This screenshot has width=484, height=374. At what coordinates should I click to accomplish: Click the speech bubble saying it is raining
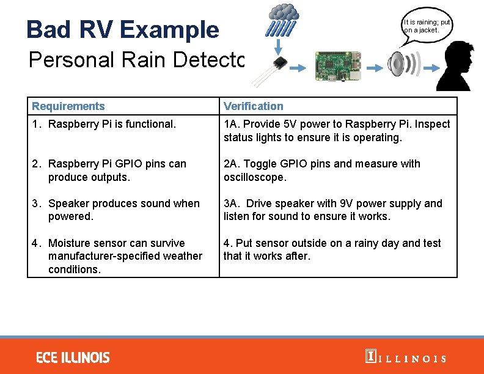[x=426, y=26]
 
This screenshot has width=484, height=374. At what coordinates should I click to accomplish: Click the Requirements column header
[x=68, y=106]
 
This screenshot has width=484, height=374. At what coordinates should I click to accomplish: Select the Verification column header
[x=254, y=106]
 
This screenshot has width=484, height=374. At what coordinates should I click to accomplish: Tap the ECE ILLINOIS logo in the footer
[x=73, y=357]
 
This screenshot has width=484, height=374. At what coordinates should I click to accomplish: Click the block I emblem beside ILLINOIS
[x=370, y=356]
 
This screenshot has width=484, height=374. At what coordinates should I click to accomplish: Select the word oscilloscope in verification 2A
[x=255, y=177]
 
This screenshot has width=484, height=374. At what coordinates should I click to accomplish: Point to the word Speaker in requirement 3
[x=68, y=204]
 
